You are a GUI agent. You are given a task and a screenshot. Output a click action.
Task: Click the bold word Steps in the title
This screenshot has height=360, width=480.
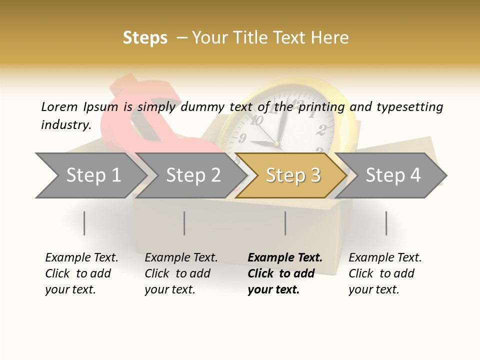[145, 38]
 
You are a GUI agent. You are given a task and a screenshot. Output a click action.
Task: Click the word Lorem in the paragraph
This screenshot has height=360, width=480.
[59, 106]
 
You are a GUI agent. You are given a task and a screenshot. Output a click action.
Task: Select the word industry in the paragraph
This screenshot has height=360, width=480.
[65, 125]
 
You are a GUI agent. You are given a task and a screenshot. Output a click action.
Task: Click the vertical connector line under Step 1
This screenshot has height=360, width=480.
[84, 223]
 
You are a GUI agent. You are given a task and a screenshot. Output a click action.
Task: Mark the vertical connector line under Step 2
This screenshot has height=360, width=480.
[184, 223]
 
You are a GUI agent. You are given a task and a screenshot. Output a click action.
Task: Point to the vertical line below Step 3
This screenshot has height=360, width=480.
[285, 223]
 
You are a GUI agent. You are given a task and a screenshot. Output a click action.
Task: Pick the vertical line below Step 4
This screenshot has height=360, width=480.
[386, 223]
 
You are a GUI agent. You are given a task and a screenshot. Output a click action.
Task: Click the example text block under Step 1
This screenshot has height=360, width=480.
[81, 273]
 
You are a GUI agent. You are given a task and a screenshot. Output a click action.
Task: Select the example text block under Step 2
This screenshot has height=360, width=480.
[181, 273]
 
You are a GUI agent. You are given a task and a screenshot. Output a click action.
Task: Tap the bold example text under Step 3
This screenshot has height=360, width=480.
[284, 273]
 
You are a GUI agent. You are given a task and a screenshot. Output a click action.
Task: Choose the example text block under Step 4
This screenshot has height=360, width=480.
[385, 273]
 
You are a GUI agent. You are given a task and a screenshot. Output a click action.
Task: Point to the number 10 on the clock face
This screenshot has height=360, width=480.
[257, 120]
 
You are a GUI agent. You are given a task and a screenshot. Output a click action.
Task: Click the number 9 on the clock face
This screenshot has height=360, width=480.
[243, 138]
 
